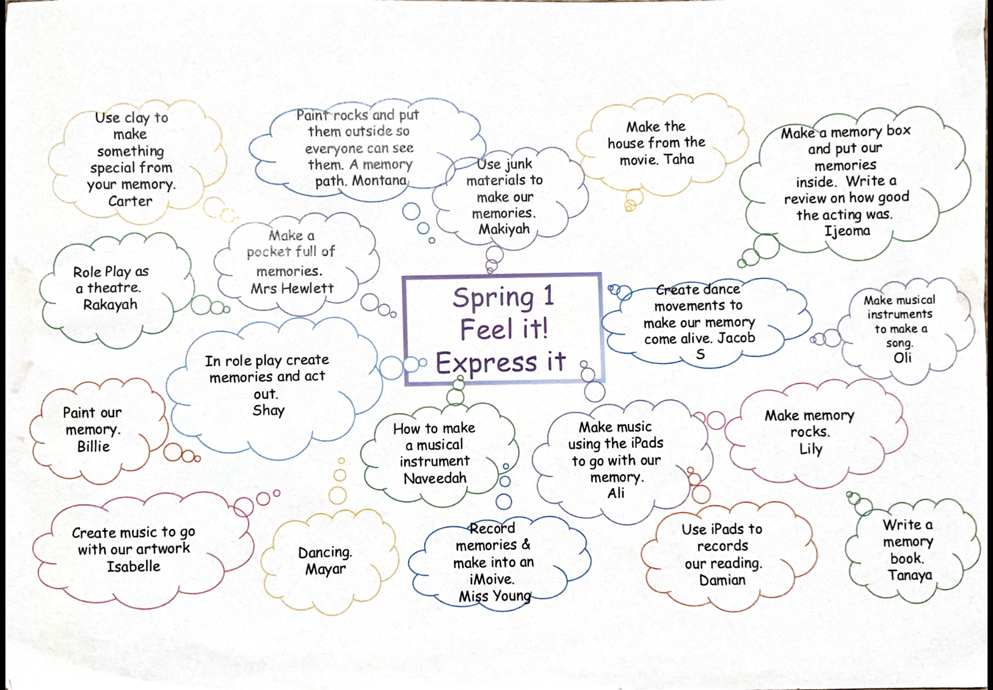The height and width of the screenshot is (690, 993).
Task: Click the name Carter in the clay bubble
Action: (x=130, y=201)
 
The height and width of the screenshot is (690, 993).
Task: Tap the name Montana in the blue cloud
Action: (x=379, y=180)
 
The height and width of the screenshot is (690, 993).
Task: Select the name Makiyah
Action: (x=504, y=229)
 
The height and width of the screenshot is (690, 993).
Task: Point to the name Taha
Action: (x=679, y=159)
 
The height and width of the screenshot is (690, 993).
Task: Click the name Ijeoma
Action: (x=847, y=231)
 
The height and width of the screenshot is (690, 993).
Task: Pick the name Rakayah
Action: (x=110, y=304)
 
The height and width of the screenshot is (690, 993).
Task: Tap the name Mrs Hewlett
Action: (x=292, y=288)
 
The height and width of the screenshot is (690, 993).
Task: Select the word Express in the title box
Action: (x=487, y=362)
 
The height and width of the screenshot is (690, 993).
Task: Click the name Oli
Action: (x=902, y=357)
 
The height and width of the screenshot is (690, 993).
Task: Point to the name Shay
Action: (x=268, y=411)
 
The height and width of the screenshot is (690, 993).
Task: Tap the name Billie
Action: (x=93, y=446)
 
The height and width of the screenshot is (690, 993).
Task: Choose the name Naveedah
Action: (x=435, y=478)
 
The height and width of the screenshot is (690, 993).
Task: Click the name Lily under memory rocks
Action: (x=811, y=449)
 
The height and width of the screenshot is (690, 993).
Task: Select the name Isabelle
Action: (x=134, y=566)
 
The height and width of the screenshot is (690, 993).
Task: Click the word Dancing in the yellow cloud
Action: (x=325, y=552)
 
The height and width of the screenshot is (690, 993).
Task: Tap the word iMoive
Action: (x=492, y=579)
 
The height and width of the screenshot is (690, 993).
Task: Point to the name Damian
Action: (x=722, y=580)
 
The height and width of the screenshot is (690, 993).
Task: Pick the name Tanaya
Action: (x=910, y=575)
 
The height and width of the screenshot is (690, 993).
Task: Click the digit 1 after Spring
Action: (x=548, y=296)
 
